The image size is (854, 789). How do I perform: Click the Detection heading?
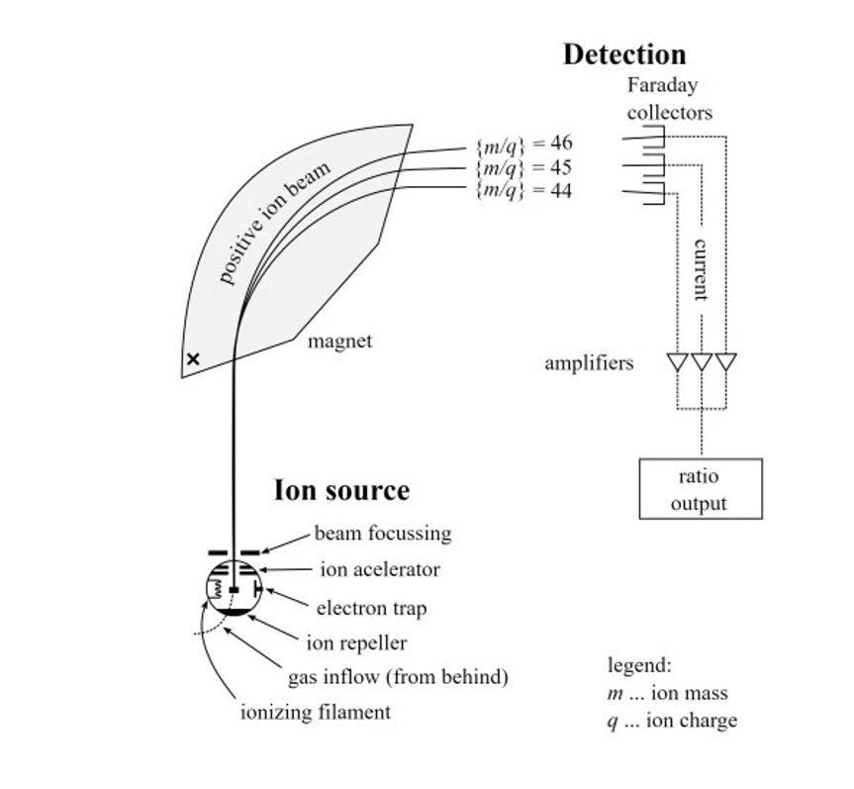point(623,54)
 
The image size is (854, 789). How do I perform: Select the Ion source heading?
point(340,490)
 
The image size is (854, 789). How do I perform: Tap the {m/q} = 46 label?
point(523,146)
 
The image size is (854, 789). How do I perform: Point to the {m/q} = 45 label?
point(523,167)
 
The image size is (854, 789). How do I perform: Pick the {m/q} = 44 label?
point(523,189)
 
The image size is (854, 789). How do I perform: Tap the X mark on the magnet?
point(193,359)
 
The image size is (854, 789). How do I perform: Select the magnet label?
point(339,342)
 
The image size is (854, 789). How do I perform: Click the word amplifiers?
point(589,363)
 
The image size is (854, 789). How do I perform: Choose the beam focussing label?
point(382,534)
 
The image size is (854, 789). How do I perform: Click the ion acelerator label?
point(380,570)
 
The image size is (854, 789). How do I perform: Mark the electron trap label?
point(371,608)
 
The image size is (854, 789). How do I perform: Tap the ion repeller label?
point(356,643)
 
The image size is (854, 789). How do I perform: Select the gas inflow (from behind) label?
point(398,678)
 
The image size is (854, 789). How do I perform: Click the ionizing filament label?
point(316,712)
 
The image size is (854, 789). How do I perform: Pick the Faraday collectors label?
point(669,99)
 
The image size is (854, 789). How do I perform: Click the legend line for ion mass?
point(667,693)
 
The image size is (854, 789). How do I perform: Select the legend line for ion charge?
point(672,721)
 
